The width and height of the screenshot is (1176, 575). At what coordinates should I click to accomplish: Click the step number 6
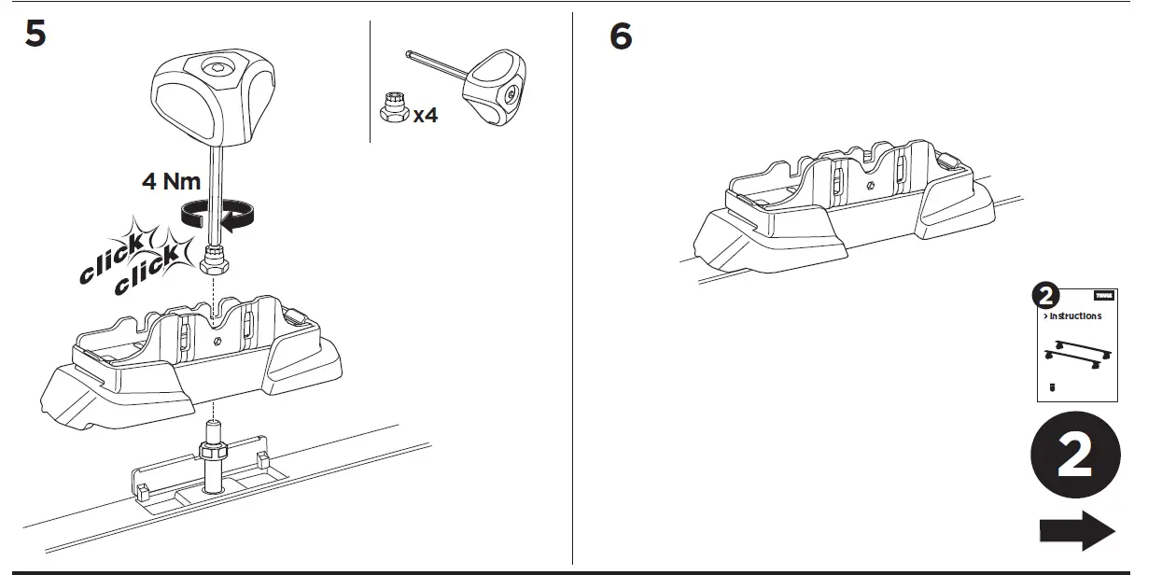pos(621,36)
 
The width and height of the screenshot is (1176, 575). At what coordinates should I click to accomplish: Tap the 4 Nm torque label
pos(171,181)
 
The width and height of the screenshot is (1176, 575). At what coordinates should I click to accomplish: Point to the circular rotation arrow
pos(217,216)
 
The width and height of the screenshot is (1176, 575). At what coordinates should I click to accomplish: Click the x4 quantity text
pos(426,116)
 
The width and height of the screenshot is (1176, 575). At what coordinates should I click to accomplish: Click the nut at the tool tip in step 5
pos(217,260)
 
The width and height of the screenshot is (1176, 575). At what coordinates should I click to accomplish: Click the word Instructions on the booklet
pos(1075,316)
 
